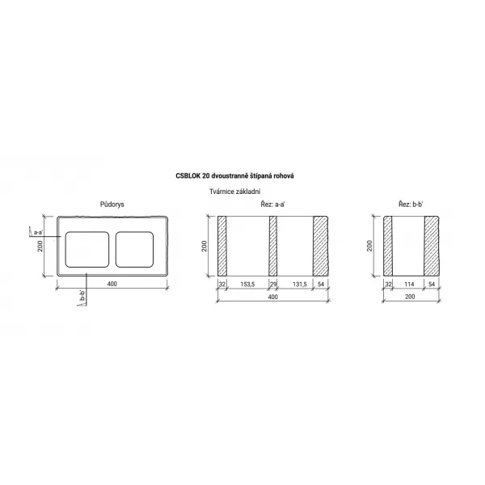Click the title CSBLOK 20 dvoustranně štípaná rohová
pyautogui.click(x=234, y=176)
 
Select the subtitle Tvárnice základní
pyautogui.click(x=234, y=192)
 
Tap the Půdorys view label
pyautogui.click(x=112, y=205)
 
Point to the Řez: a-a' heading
pyautogui.click(x=272, y=205)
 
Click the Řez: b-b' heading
pyautogui.click(x=411, y=205)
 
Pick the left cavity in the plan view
pyautogui.click(x=87, y=249)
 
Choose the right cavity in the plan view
pyautogui.click(x=134, y=249)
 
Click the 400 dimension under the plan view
pyautogui.click(x=112, y=284)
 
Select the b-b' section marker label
pyautogui.click(x=82, y=295)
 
